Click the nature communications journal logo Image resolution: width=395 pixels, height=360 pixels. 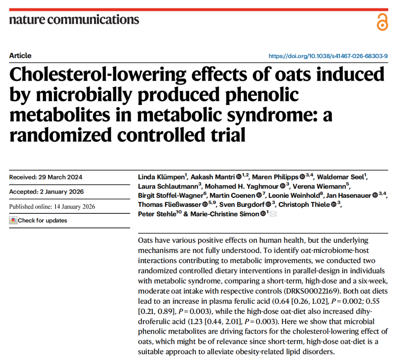74,19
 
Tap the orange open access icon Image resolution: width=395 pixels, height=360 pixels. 382,22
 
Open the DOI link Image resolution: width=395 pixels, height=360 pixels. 328,56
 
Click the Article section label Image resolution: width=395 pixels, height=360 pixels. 20,56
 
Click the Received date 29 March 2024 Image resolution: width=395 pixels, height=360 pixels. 60,177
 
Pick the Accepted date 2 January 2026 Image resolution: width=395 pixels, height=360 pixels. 62,192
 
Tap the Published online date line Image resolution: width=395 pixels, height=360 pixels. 52,206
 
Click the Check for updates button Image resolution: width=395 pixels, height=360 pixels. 38,220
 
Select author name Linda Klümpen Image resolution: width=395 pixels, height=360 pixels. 162,177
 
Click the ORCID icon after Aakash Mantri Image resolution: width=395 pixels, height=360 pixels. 238,177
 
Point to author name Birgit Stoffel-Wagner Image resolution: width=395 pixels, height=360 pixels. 170,196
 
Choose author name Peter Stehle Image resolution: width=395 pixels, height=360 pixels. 157,214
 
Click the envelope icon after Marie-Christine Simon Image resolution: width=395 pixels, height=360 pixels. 273,214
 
